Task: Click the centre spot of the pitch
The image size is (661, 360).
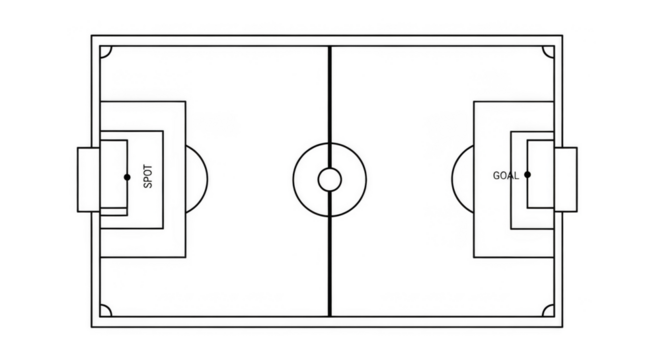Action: click(328, 178)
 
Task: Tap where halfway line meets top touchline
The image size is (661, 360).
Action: click(328, 41)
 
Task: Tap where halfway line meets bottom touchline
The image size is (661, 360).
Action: click(328, 315)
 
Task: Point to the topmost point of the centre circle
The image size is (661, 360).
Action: click(328, 138)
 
